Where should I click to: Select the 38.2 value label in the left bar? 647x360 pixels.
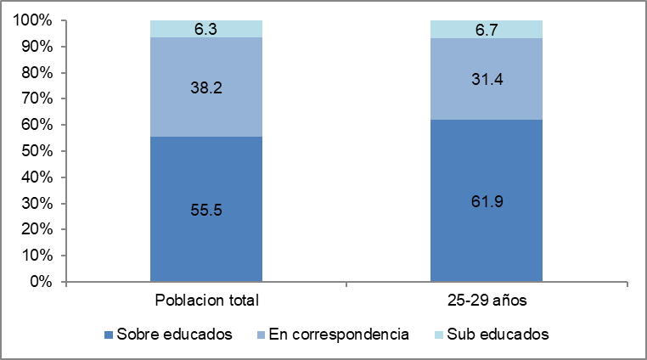(x=206, y=86)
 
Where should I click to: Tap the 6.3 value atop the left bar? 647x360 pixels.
(x=206, y=29)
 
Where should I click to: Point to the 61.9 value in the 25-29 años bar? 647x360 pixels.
(x=487, y=203)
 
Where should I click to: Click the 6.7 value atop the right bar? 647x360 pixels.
(x=487, y=30)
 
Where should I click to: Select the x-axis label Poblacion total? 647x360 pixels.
(x=206, y=301)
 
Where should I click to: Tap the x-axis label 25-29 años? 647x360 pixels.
(x=487, y=301)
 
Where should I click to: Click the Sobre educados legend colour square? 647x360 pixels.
(x=108, y=335)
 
